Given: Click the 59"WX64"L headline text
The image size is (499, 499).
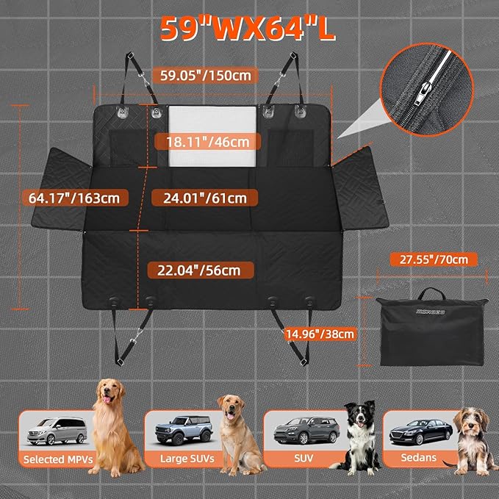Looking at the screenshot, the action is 247,29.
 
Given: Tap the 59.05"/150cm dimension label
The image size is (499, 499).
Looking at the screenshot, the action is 205,76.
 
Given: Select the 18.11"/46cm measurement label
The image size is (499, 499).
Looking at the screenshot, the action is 207,142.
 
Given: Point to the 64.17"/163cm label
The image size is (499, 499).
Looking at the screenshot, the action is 74,198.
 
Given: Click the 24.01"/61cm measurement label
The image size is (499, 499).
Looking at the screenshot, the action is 205,198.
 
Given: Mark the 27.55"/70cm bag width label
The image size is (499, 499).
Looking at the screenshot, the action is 434,259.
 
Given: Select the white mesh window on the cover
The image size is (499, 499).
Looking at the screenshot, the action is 212,136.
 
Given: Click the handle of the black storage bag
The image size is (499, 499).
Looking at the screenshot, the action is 431,293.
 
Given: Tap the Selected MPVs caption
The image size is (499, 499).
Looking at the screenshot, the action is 58,459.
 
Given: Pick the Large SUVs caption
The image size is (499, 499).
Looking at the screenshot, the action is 187,459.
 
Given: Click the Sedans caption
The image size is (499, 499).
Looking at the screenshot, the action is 418,458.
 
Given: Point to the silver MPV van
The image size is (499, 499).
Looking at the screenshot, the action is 57,431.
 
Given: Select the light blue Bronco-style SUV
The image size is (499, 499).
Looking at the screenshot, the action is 184,430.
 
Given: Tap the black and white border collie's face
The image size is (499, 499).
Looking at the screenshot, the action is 359,415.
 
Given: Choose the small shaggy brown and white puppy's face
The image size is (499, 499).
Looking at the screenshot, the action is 470,423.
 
